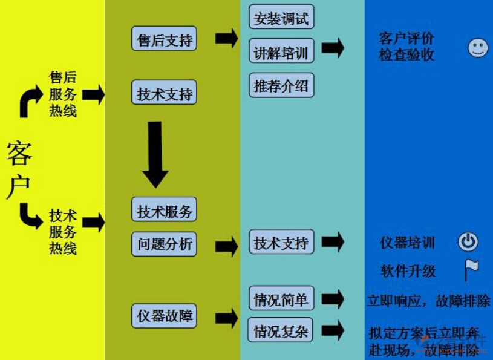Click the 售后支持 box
click(x=164, y=39)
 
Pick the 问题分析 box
click(x=164, y=244)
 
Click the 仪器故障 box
click(x=164, y=315)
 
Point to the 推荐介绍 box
click(x=281, y=86)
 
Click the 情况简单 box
click(x=281, y=298)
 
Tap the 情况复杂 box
click(x=281, y=330)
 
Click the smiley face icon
click(x=477, y=48)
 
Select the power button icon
click(x=468, y=242)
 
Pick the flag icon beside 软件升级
click(x=471, y=269)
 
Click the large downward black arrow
click(x=155, y=154)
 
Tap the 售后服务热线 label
click(x=63, y=94)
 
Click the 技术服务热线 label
click(x=63, y=232)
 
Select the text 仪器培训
click(x=407, y=243)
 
